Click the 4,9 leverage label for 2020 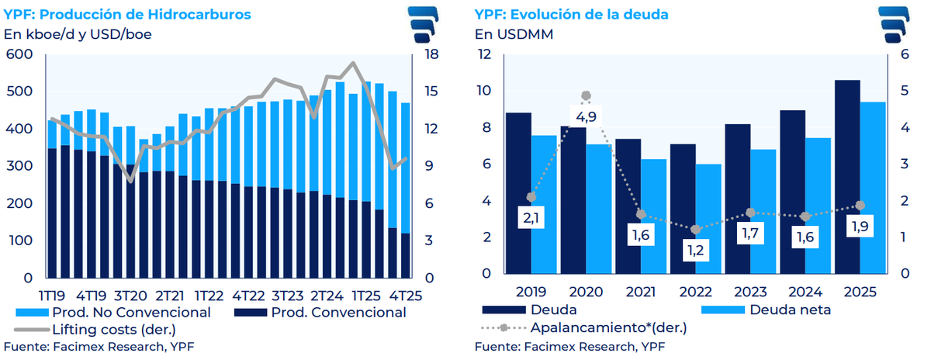(586, 118)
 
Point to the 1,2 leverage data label (695, 251)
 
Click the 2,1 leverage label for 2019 (531, 220)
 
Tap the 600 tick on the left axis (19, 54)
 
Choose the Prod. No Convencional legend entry (113, 312)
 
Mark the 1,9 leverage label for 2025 (859, 227)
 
